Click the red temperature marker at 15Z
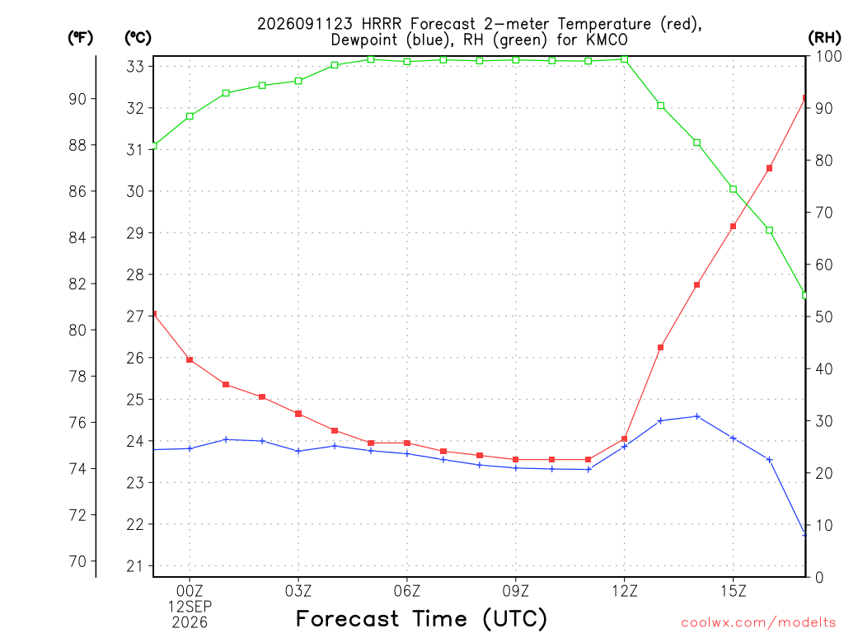[x=733, y=227]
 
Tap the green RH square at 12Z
[x=625, y=59]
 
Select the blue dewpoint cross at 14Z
[x=697, y=416]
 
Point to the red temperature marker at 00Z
[x=190, y=359]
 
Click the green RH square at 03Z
[x=298, y=82]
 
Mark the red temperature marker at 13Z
[x=660, y=347]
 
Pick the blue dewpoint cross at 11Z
[x=588, y=469]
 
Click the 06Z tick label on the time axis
[x=407, y=591]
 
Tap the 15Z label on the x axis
[x=733, y=591]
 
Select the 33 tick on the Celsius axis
[x=135, y=66]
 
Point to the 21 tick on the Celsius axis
[x=135, y=565]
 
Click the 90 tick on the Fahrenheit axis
[x=77, y=99]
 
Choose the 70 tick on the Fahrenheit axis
[x=77, y=561]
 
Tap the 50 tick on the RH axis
[x=823, y=316]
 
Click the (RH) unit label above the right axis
[x=824, y=37]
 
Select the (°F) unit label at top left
[x=80, y=38]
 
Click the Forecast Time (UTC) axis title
[x=421, y=618]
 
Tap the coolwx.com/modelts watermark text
[x=758, y=623]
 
